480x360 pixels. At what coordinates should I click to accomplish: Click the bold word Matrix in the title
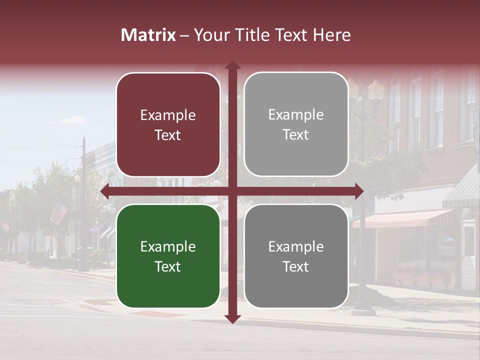(148, 35)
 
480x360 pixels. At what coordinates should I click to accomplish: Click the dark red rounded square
(168, 124)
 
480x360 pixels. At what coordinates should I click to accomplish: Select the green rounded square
(168, 256)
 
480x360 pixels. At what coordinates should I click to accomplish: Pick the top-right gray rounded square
(296, 124)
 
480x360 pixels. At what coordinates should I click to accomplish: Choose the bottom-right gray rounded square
(296, 256)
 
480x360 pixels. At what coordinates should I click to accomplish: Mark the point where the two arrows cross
(232, 191)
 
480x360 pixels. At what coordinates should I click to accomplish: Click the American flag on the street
(59, 212)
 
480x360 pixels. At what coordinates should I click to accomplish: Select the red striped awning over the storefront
(402, 218)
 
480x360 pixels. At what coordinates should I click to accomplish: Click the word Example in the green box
(168, 246)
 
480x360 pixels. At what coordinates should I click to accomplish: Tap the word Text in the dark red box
(168, 135)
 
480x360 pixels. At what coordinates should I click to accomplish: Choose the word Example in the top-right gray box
(296, 114)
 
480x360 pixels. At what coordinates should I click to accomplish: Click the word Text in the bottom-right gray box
(296, 266)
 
